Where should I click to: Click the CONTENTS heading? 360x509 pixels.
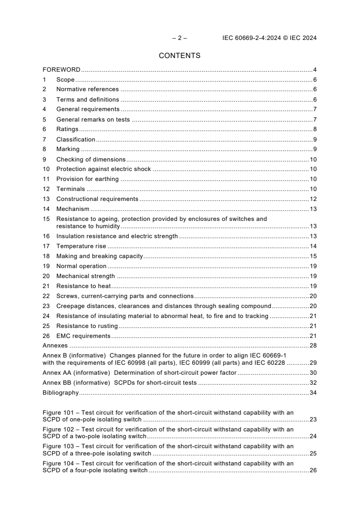pyautogui.click(x=180, y=56)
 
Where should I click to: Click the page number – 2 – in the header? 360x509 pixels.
pyautogui.click(x=180, y=38)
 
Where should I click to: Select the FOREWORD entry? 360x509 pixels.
pyautogui.click(x=61, y=70)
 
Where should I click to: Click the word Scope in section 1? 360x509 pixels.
pyautogui.click(x=65, y=80)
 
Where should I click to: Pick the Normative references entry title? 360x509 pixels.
pyautogui.click(x=87, y=89)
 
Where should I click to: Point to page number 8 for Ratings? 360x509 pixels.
pyautogui.click(x=315, y=129)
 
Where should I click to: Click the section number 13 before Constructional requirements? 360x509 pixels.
pyautogui.click(x=46, y=199)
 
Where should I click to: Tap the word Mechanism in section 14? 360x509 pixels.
pyautogui.click(x=73, y=209)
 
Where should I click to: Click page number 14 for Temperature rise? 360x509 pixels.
pyautogui.click(x=313, y=246)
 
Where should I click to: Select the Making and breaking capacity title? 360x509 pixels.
pyautogui.click(x=99, y=256)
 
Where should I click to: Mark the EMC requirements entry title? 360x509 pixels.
pyautogui.click(x=83, y=336)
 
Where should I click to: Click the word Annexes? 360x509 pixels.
pyautogui.click(x=55, y=346)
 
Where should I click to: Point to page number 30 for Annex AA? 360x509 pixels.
pyautogui.click(x=313, y=373)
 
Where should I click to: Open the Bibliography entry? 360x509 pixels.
pyautogui.click(x=60, y=393)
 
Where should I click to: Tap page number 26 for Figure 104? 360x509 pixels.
pyautogui.click(x=313, y=471)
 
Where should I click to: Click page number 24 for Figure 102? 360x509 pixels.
pyautogui.click(x=313, y=436)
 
